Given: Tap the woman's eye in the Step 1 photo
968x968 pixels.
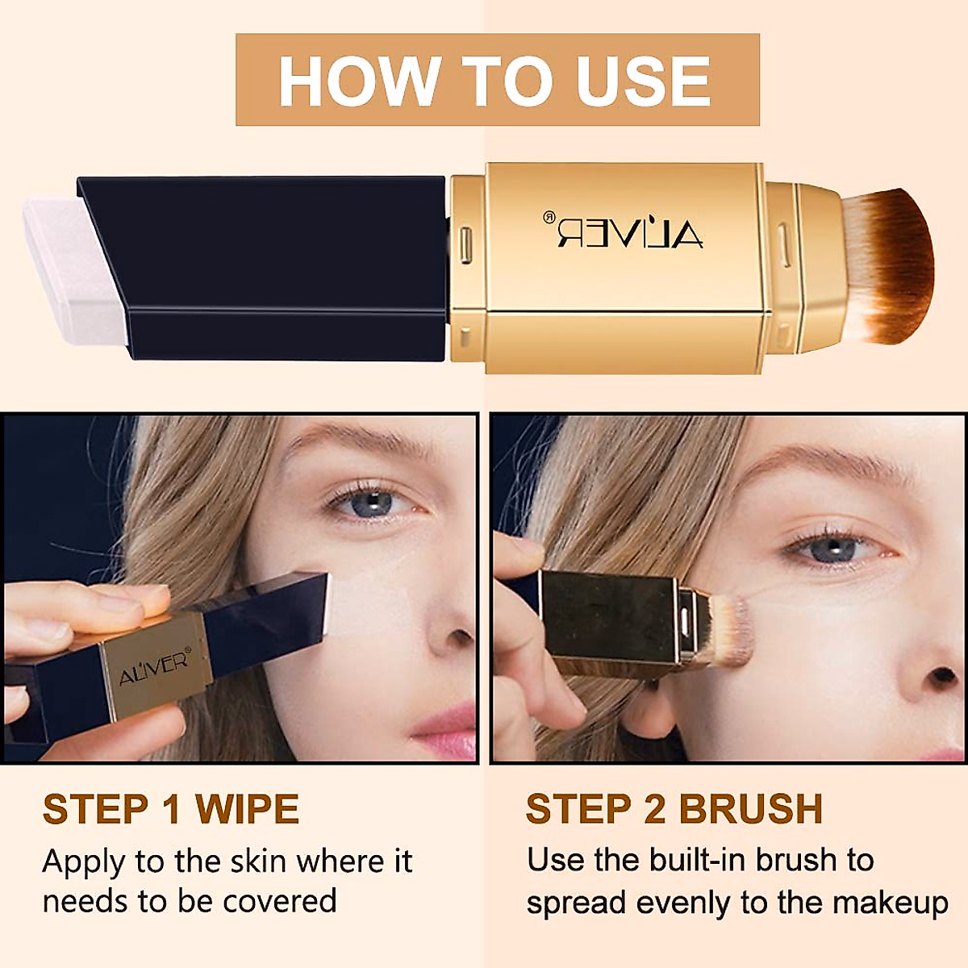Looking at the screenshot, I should pos(371,505).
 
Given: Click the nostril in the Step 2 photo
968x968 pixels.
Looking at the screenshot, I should pos(942,676).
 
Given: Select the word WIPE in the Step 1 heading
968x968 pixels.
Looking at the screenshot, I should pos(247,809).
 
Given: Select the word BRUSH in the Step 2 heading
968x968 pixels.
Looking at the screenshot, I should pos(750,809).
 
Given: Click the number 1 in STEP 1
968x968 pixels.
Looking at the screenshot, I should pos(171,809).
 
